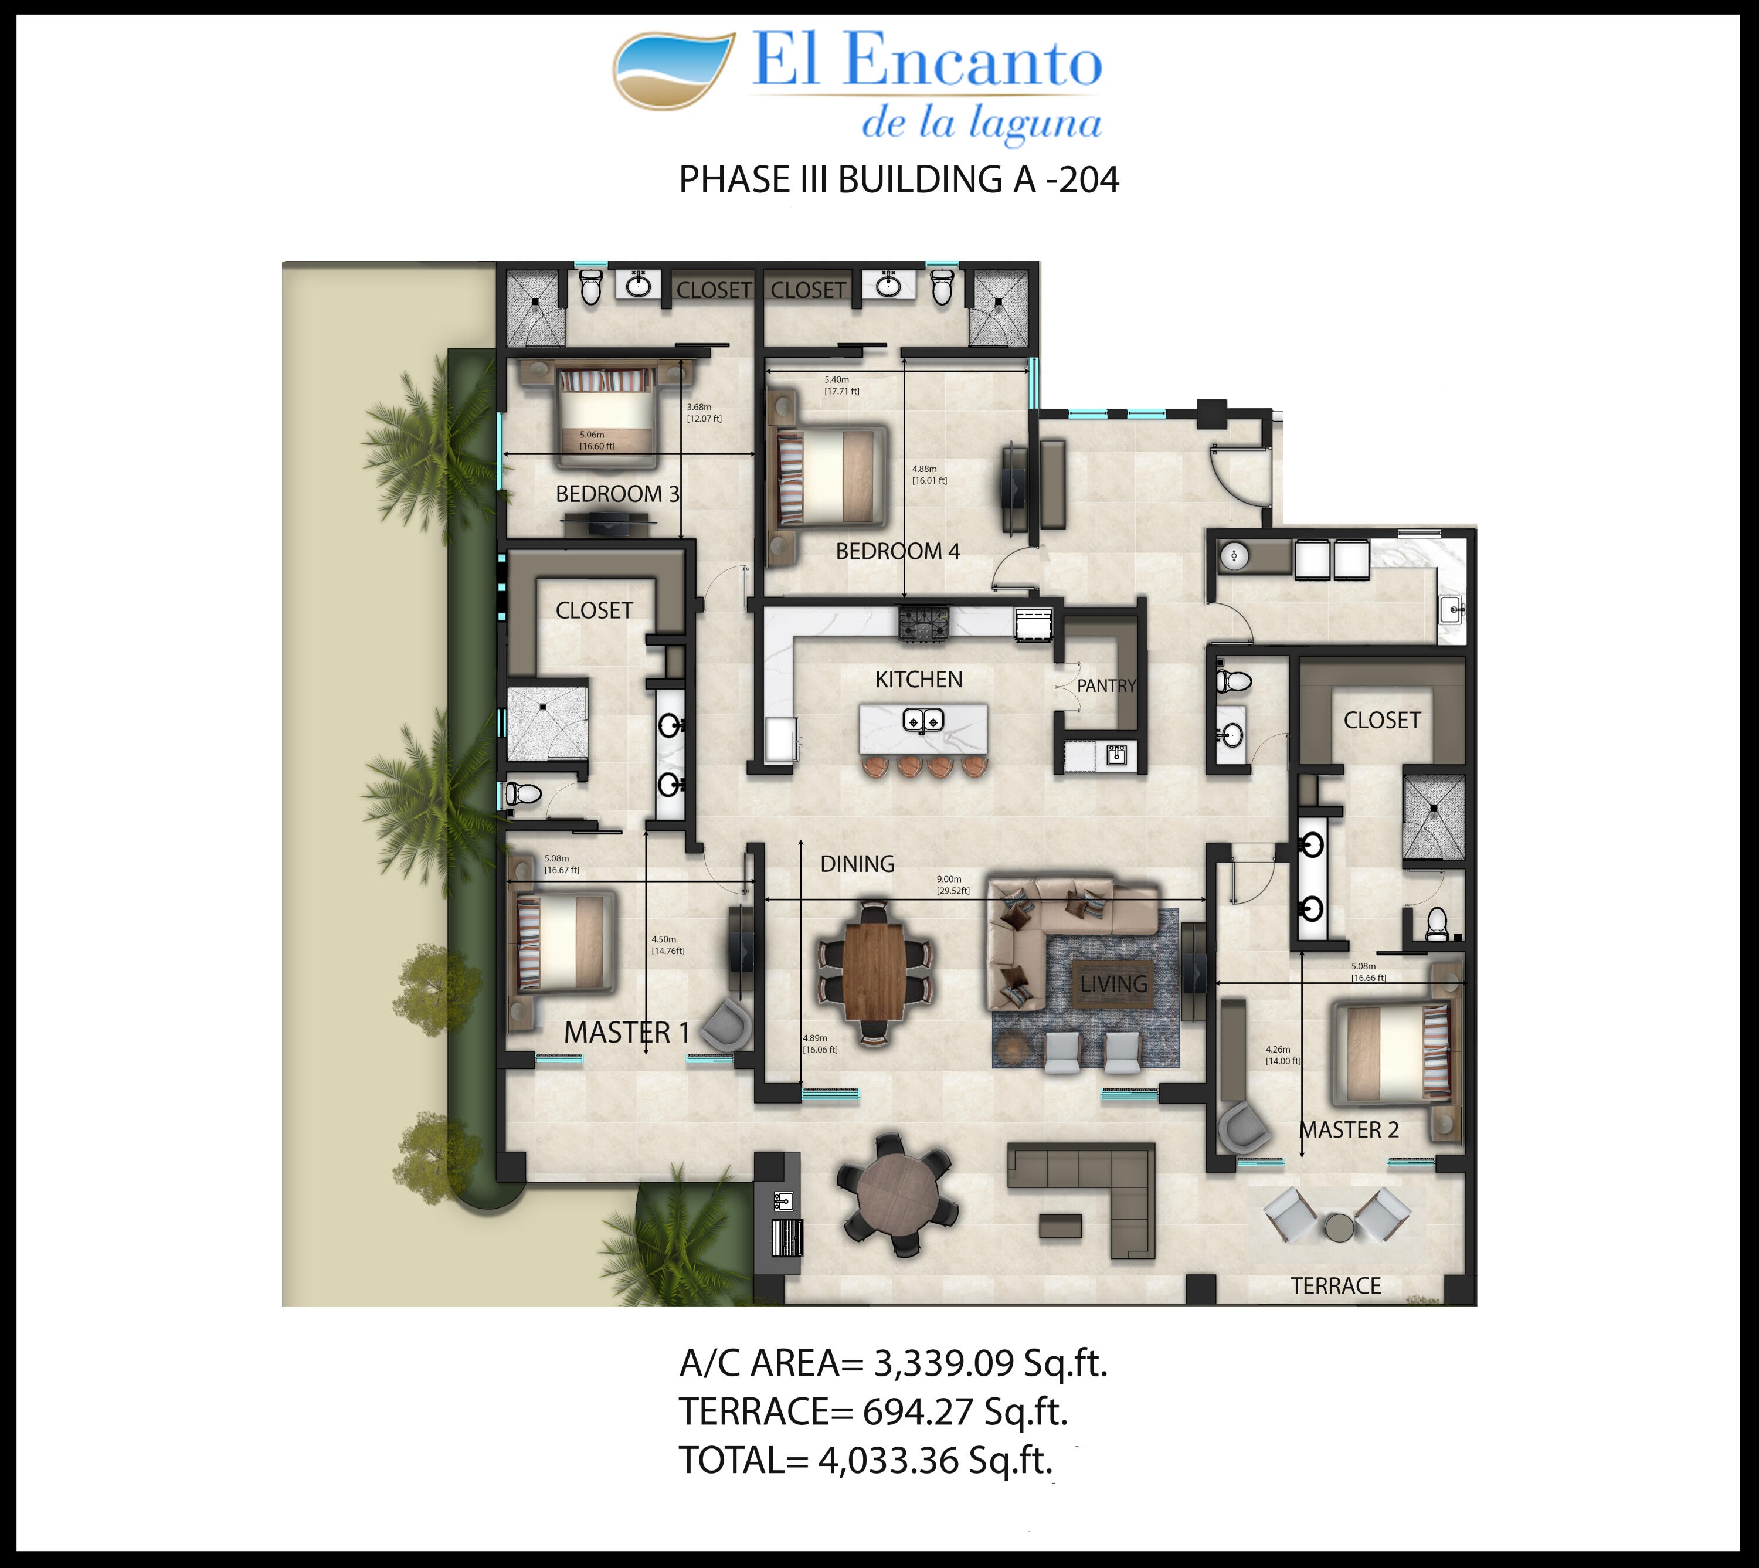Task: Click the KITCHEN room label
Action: (x=918, y=680)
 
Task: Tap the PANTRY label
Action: (x=1106, y=686)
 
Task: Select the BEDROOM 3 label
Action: (x=617, y=494)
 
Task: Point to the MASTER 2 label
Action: (x=1349, y=1129)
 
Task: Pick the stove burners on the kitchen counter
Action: (x=923, y=623)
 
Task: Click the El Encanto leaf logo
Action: (x=674, y=70)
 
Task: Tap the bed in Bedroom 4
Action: (x=831, y=476)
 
